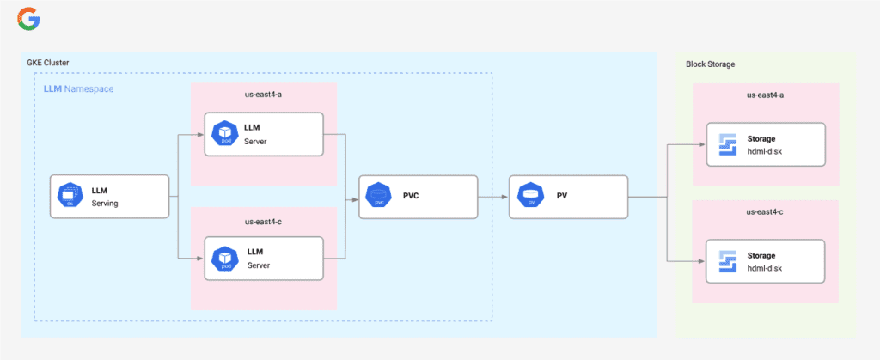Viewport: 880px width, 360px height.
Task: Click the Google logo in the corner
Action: [x=28, y=19]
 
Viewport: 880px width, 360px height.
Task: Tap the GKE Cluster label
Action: [x=48, y=63]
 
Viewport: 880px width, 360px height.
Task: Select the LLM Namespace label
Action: [x=78, y=88]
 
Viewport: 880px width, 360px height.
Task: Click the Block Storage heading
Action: [x=710, y=64]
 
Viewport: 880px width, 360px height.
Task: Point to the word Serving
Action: [x=105, y=204]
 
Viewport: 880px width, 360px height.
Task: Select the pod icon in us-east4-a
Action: [x=224, y=133]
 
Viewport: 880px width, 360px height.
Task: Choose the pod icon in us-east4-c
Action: [x=224, y=258]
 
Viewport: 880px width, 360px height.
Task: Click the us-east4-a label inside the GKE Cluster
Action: [x=263, y=95]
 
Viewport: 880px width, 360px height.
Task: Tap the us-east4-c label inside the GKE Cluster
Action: [x=263, y=221]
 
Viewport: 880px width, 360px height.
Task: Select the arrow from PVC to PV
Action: [x=492, y=197]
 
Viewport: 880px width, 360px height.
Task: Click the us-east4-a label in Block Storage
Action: [x=765, y=95]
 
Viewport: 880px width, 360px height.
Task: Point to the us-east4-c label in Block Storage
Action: [x=765, y=212]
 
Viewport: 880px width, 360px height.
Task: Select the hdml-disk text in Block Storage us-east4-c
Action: [x=765, y=268]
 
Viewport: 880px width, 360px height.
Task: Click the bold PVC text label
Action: [x=411, y=196]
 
